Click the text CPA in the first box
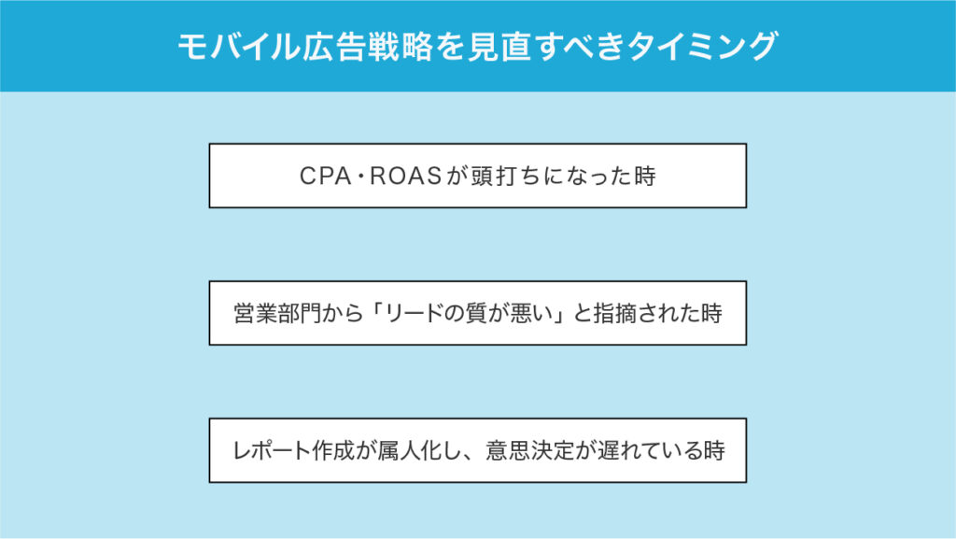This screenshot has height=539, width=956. pos(326,177)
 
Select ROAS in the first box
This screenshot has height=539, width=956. pos(405,177)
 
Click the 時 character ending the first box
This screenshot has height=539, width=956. pos(644,177)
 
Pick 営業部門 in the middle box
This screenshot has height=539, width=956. pos(277,313)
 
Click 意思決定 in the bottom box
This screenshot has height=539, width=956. pos(530,450)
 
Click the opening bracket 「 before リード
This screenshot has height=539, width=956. pos(376,311)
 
